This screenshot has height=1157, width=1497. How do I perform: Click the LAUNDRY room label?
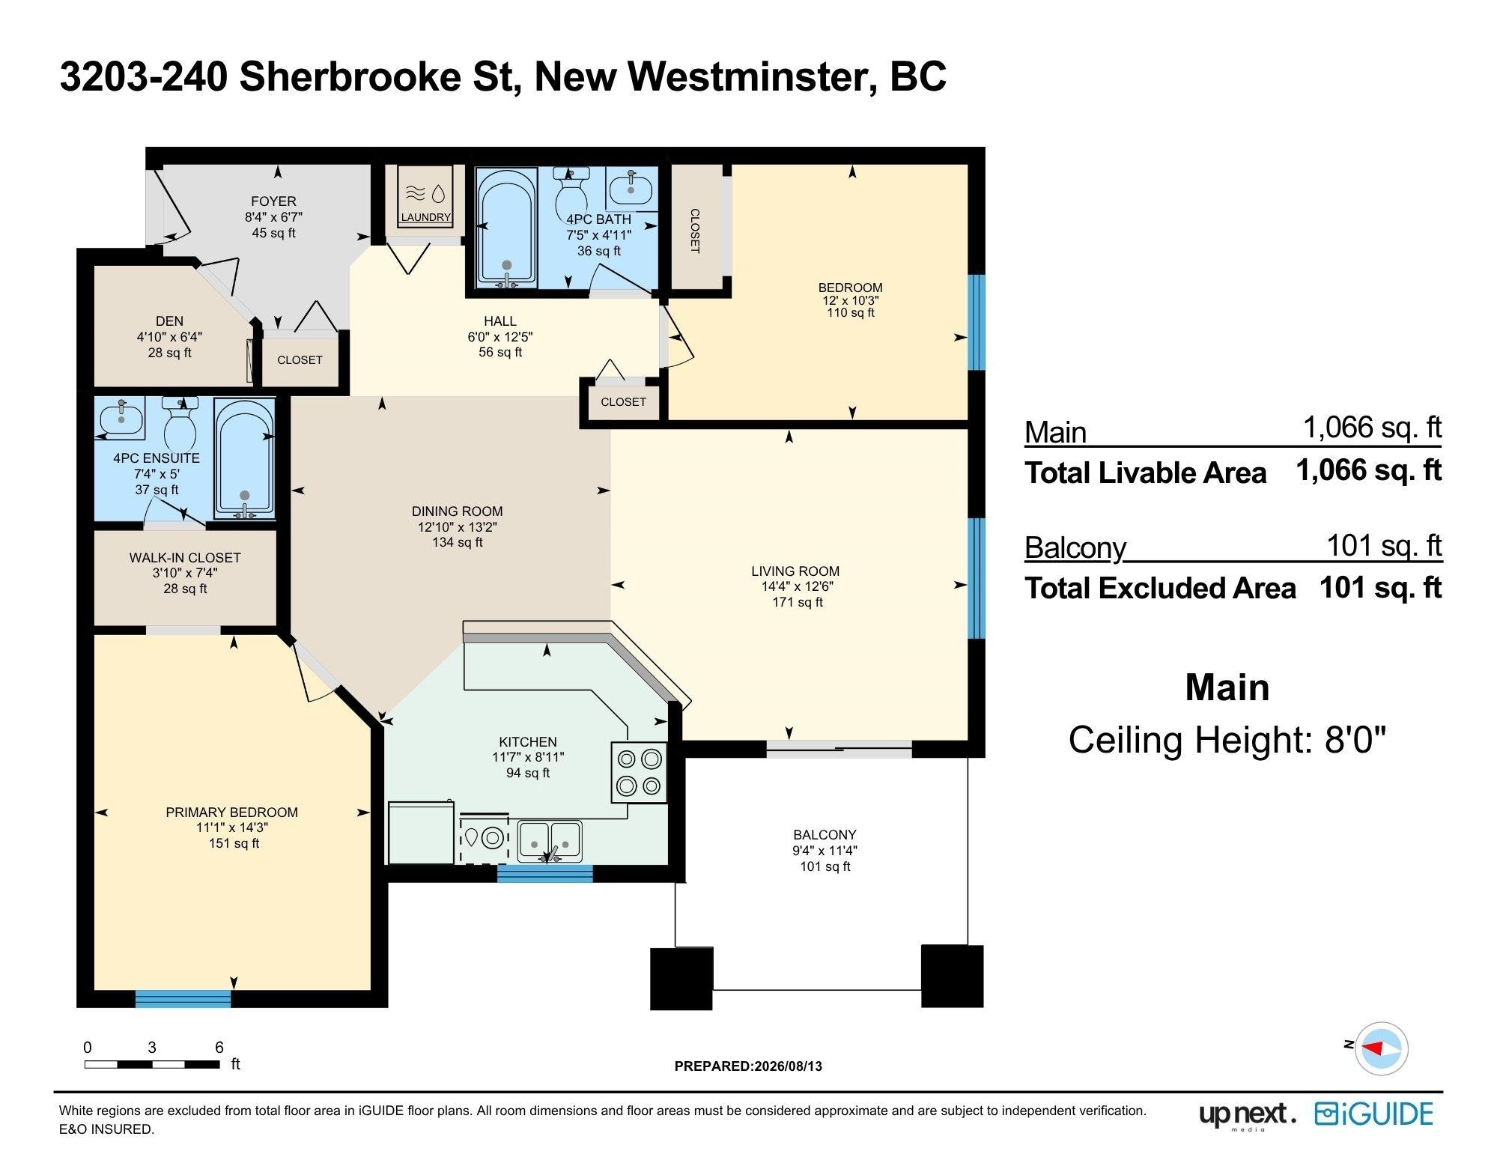coord(425,217)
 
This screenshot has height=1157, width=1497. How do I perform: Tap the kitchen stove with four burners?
coord(639,772)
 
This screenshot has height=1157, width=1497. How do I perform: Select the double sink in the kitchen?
coord(550,841)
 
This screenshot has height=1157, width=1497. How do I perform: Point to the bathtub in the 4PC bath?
coord(507,228)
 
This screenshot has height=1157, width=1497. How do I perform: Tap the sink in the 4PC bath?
coord(631,187)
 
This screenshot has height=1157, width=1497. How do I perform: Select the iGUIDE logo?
coord(1373,1114)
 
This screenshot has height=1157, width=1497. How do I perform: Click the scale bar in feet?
coord(151,1063)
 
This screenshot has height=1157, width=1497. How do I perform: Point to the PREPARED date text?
coord(748,1066)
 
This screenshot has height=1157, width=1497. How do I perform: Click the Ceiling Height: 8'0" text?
coord(1227,740)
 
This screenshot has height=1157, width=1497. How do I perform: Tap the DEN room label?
coord(169,321)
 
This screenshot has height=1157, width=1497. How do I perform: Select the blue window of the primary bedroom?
coord(183,999)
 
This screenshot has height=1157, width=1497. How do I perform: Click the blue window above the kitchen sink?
coord(545,873)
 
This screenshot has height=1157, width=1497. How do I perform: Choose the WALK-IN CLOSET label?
coord(185,558)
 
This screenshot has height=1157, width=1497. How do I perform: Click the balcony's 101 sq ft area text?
coord(825,866)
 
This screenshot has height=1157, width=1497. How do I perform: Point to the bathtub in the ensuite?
coord(245,458)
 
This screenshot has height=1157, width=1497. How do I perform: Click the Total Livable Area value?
coord(1369,470)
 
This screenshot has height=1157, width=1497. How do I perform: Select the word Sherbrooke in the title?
coord(349,76)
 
